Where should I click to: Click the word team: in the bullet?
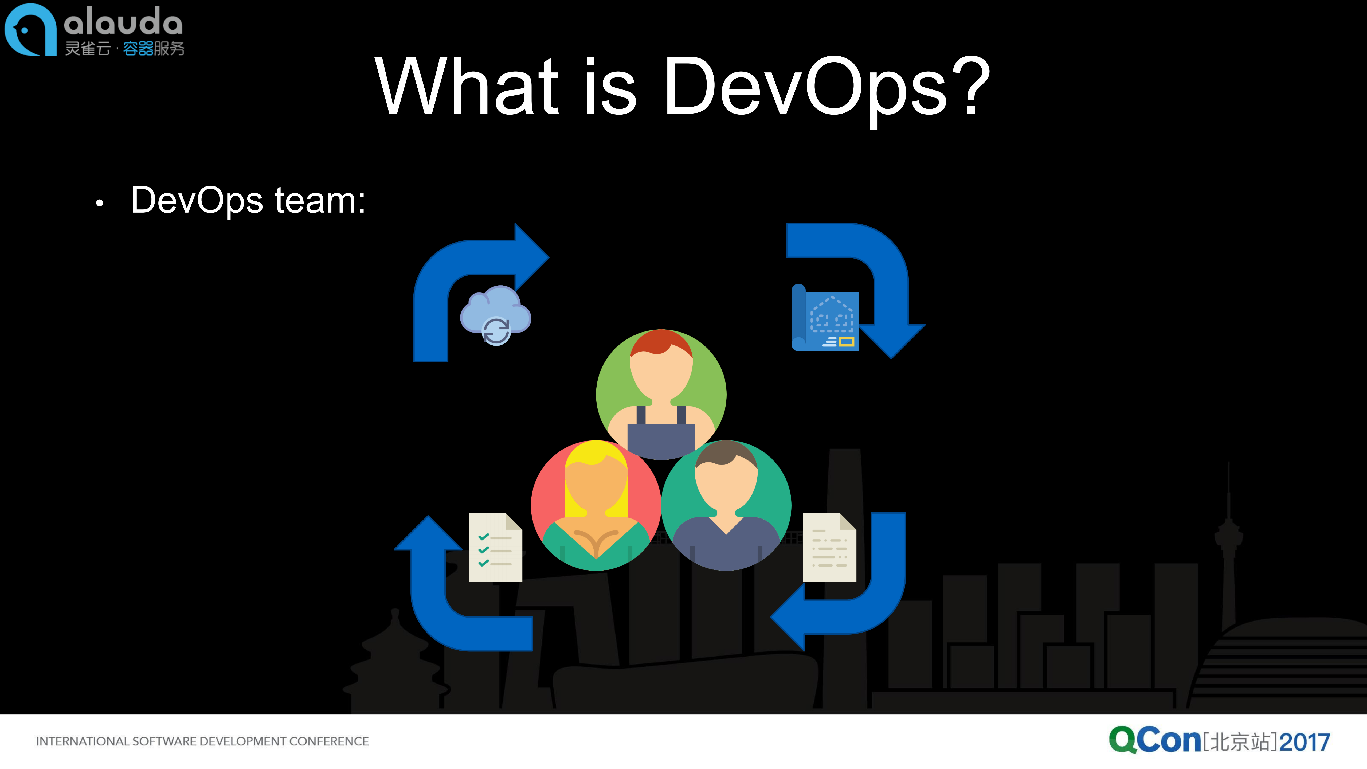[320, 201]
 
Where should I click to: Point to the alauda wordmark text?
[123, 22]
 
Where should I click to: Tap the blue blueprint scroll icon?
[825, 318]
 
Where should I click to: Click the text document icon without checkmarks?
[829, 547]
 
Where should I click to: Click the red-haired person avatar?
[661, 394]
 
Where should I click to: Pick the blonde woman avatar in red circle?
[596, 505]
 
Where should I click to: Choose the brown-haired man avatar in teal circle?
[726, 505]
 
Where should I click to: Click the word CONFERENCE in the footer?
[329, 741]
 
